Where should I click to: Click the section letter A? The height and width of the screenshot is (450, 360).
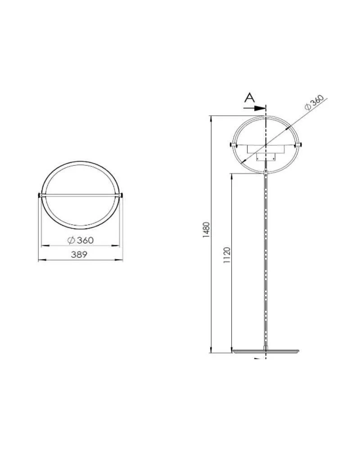[250, 97]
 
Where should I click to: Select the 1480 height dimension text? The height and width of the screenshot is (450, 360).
[206, 230]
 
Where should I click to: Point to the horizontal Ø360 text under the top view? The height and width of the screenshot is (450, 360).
[81, 240]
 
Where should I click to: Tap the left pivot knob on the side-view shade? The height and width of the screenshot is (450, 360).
[231, 144]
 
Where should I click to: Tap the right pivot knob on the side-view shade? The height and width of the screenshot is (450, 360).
[300, 144]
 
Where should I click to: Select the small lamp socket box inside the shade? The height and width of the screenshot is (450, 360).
[265, 157]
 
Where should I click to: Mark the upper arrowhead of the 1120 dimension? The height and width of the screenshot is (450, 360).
[231, 175]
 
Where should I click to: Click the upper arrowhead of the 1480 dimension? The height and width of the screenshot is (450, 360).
[211, 118]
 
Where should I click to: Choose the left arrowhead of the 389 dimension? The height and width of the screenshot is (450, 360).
[40, 260]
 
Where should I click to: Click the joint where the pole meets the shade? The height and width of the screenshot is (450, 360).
[266, 172]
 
